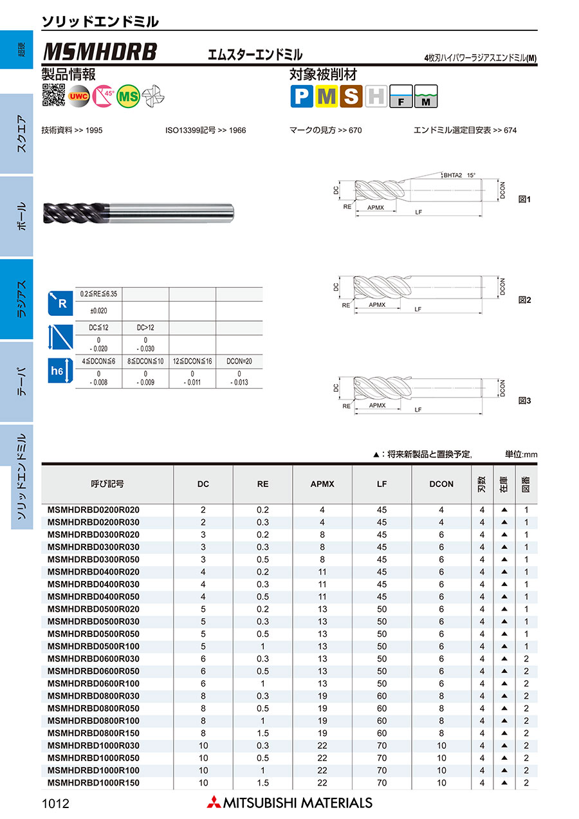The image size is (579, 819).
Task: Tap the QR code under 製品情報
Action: click(x=53, y=95)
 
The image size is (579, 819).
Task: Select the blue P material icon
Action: click(x=301, y=96)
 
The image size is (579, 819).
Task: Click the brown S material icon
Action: click(x=351, y=96)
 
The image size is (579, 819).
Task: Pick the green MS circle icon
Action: click(x=129, y=96)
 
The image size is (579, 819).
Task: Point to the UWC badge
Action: click(x=78, y=96)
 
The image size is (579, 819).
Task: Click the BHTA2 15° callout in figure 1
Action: click(x=459, y=175)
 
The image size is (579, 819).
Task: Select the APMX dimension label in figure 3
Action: click(x=377, y=405)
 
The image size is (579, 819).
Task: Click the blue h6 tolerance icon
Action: click(x=57, y=372)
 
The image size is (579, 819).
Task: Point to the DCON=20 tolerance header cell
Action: click(x=239, y=362)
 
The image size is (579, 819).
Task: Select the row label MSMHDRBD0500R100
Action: click(x=93, y=646)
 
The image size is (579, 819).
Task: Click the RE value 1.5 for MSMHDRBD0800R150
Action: click(x=262, y=733)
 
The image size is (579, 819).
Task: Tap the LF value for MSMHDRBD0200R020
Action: click(x=381, y=510)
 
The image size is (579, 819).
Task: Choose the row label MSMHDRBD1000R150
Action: click(x=93, y=783)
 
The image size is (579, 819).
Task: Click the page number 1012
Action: click(x=55, y=803)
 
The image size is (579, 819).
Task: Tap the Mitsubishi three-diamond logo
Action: click(x=213, y=802)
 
